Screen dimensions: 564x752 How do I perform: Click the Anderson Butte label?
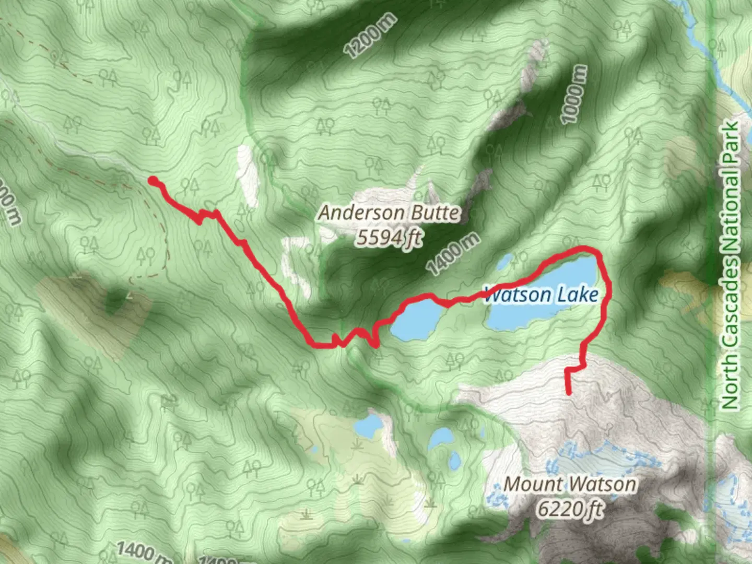pos(389,213)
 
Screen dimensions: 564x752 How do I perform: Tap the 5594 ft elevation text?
pos(389,238)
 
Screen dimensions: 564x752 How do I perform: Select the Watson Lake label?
pos(541,295)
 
